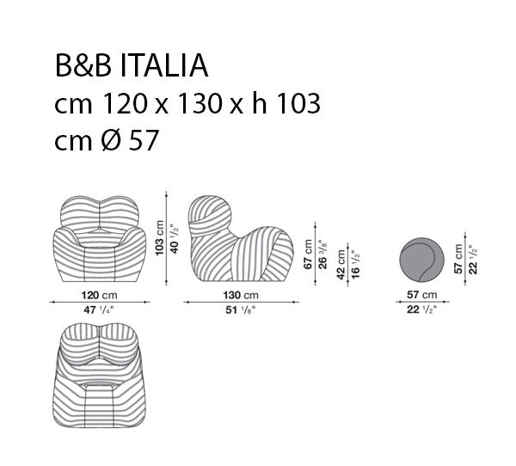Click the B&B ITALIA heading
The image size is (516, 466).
(x=132, y=65)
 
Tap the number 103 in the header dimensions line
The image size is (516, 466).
(x=298, y=103)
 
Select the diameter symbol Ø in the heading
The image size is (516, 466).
(x=111, y=140)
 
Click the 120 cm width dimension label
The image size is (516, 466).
(x=100, y=295)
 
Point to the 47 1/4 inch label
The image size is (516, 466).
(x=99, y=310)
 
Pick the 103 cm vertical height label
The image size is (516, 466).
(x=159, y=237)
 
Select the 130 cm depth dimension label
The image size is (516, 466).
(x=241, y=295)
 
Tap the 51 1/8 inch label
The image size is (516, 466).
(x=241, y=310)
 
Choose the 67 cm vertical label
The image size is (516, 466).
(x=308, y=254)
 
